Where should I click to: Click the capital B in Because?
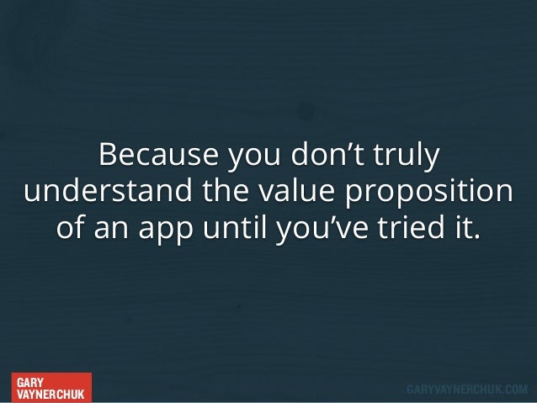[x=107, y=156]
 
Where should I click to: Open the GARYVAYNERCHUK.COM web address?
[x=467, y=390]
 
